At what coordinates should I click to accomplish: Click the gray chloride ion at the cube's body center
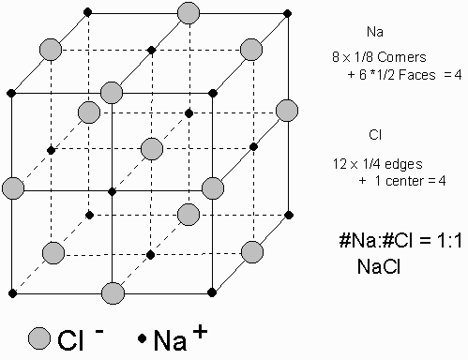point(151,148)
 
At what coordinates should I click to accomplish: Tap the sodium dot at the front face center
point(112,191)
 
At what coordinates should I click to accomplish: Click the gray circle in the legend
point(39,337)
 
